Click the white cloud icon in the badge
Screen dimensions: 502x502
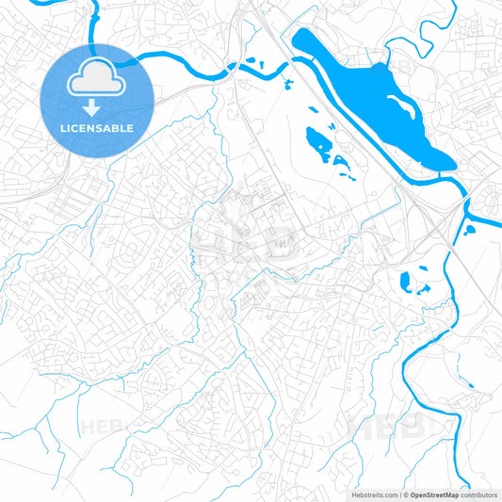coord(97,76)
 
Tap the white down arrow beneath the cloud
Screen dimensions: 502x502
coord(97,105)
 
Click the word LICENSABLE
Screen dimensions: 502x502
coord(97,128)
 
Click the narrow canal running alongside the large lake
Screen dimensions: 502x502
coord(377,141)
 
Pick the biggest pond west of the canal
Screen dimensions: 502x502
coord(317,146)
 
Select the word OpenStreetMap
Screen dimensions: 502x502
coord(434,494)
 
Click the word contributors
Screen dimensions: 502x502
coord(479,494)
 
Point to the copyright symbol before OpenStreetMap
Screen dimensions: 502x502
coord(405,494)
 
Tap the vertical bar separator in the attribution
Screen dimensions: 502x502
coord(399,494)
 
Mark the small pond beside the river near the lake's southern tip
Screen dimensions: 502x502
coord(469,229)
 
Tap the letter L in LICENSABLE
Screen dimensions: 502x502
coord(62,128)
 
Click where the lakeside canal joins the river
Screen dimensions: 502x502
coord(463,196)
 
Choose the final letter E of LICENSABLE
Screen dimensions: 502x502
coord(131,128)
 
